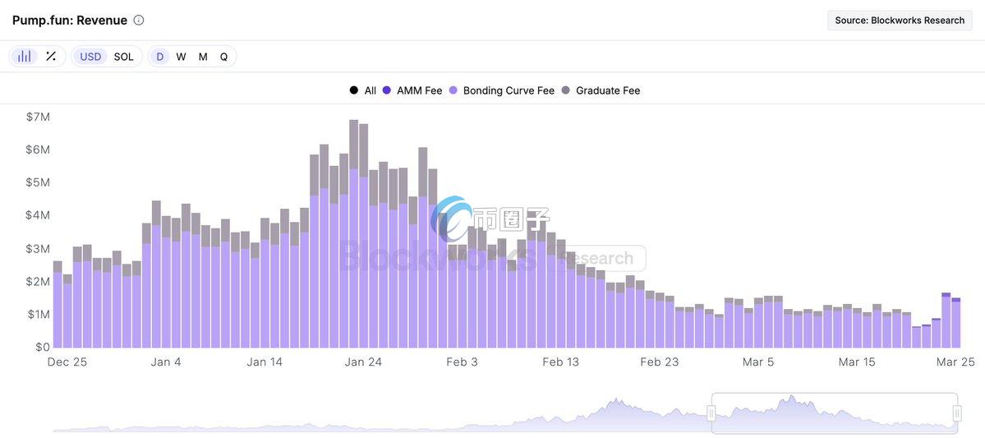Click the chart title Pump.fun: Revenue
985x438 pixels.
[70, 20]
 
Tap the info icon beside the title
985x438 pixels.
[139, 20]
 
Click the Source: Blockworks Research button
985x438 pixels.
[899, 21]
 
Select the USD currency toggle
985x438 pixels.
[90, 57]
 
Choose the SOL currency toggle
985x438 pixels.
[124, 57]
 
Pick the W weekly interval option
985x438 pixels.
[181, 57]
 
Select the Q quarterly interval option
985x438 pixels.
[223, 57]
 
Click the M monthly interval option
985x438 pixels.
[203, 57]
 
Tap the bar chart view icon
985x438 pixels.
[25, 57]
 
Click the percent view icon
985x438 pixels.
[51, 57]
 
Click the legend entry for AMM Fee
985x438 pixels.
[419, 90]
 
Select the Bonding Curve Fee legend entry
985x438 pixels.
[509, 90]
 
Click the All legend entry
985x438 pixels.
[370, 90]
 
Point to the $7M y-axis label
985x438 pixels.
[38, 117]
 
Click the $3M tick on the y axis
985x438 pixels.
[38, 248]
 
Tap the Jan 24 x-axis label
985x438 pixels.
[363, 362]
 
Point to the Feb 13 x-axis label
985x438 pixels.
[561, 362]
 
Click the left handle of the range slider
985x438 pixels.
[712, 413]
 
